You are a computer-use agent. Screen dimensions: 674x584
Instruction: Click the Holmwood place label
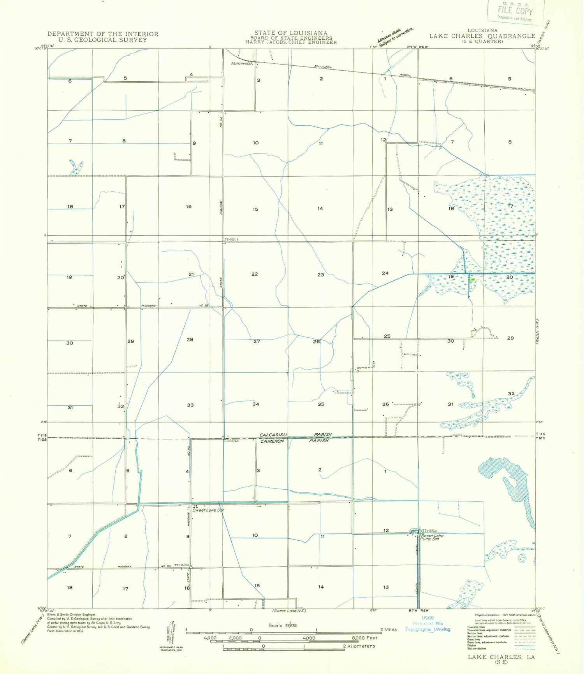(x=241, y=63)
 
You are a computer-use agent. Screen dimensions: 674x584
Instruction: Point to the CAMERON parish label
(x=272, y=441)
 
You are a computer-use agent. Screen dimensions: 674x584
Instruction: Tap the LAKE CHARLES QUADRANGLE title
(x=482, y=36)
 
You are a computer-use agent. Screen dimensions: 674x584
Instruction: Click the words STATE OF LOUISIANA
(x=291, y=33)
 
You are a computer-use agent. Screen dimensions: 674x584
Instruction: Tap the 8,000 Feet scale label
(x=365, y=638)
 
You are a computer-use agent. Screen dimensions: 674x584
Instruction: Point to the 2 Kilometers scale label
(x=359, y=646)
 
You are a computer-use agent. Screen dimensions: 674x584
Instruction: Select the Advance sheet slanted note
(x=395, y=36)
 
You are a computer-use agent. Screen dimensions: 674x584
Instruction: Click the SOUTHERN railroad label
(x=323, y=67)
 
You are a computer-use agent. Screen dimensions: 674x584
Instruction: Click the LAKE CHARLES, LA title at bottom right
(x=501, y=657)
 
